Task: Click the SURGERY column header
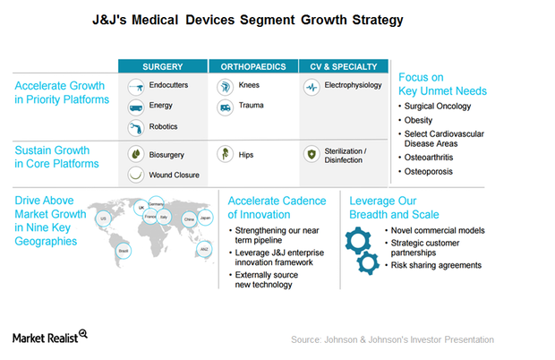(164, 66)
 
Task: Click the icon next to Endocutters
(137, 87)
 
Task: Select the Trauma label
(252, 107)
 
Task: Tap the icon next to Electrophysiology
(312, 87)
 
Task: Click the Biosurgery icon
(137, 154)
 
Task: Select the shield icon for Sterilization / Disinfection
(312, 154)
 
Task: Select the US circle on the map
(103, 219)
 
